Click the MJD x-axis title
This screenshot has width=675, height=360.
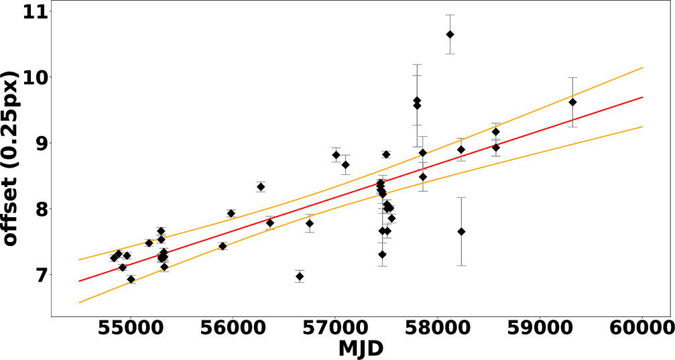tap(361, 348)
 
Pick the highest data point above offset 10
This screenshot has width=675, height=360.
tap(450, 34)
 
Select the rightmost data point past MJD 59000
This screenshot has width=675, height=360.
tap(572, 102)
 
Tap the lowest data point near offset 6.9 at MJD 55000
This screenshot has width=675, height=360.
tap(131, 280)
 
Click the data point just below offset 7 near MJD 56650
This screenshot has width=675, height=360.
tap(300, 276)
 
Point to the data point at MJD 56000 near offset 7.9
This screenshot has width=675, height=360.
tap(231, 214)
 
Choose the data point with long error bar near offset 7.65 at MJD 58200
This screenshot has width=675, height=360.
tap(461, 231)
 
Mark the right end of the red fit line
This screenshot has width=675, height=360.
tap(643, 97)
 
